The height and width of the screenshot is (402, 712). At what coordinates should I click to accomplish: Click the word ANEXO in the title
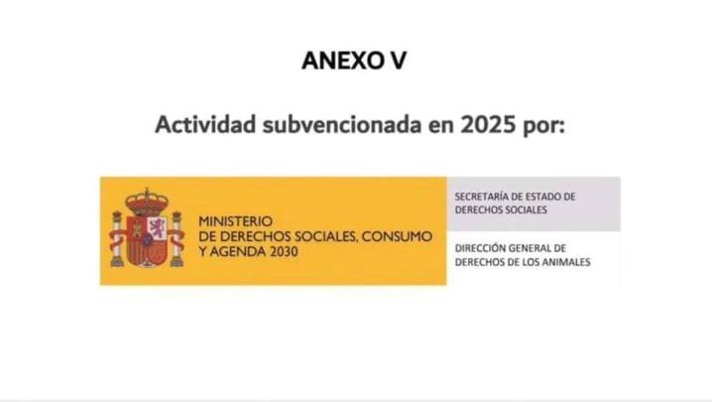[340, 61]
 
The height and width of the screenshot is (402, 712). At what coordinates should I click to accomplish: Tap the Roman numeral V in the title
[398, 61]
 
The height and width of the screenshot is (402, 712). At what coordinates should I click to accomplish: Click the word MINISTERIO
[235, 220]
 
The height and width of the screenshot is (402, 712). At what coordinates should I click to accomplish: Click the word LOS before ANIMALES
[523, 262]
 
